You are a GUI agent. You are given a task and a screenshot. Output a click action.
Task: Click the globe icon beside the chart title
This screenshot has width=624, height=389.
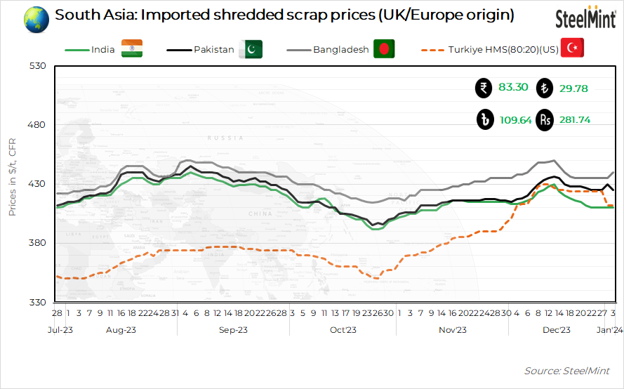36,19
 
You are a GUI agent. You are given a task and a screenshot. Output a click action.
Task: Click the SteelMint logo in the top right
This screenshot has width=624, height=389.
585,18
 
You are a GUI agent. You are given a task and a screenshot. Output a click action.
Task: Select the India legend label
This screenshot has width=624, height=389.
103,50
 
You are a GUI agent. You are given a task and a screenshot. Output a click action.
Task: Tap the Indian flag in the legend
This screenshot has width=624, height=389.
131,49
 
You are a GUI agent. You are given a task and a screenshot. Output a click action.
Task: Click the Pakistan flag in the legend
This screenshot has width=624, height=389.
250,49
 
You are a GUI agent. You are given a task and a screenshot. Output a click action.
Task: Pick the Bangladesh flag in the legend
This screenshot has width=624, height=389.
383,49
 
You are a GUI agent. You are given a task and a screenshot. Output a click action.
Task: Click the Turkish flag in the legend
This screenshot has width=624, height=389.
572,48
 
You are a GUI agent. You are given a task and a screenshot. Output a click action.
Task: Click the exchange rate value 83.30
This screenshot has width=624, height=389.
513,88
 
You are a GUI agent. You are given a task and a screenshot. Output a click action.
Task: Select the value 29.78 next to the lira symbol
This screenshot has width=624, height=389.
573,88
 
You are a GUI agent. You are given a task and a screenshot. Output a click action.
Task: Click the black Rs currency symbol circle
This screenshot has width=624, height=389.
545,120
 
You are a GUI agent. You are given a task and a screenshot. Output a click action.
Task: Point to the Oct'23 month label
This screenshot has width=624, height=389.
343,329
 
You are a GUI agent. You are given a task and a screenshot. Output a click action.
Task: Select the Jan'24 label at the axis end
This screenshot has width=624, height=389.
609,329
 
